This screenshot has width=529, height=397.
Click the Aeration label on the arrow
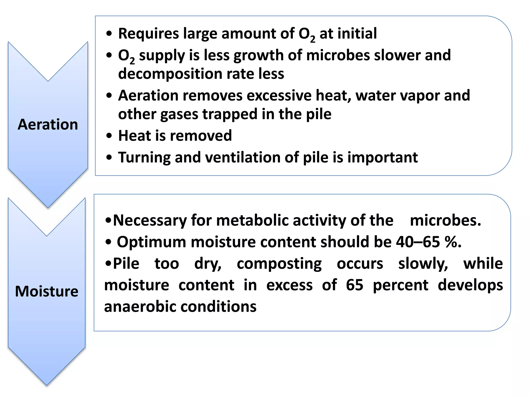tap(48, 125)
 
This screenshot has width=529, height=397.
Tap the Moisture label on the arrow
tap(47, 291)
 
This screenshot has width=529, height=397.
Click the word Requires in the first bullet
tap(148, 34)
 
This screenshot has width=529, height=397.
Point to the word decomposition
tap(170, 74)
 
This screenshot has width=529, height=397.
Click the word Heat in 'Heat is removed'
tap(134, 136)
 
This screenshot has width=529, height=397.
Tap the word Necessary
tap(150, 220)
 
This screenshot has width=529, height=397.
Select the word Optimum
tap(151, 242)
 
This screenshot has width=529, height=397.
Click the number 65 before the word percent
tap(354, 285)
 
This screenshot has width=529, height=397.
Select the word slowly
tap(423, 264)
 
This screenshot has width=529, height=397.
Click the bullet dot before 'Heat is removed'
tap(109, 136)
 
